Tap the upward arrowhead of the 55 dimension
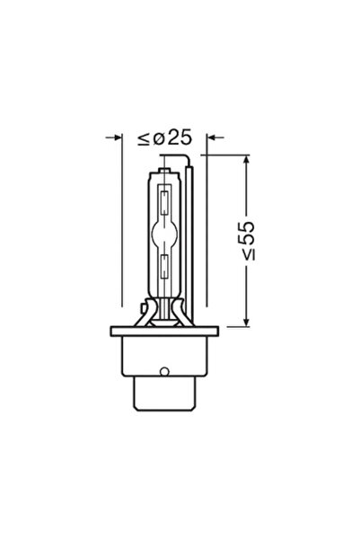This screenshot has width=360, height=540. pyautogui.click(x=248, y=160)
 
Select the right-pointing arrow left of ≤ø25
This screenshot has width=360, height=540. pyautogui.click(x=115, y=138)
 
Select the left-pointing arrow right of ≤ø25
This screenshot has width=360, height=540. pyautogui.click(x=213, y=138)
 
